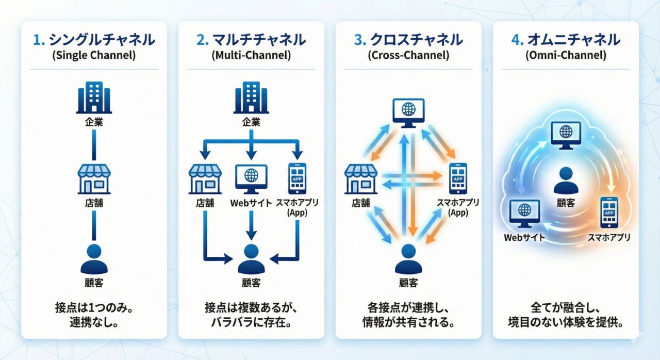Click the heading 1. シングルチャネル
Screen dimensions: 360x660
click(x=94, y=40)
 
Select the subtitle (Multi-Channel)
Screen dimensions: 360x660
click(x=251, y=56)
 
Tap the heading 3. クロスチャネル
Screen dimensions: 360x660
click(x=408, y=40)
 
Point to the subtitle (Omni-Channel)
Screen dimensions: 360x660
click(x=566, y=56)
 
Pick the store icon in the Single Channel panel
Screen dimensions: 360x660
click(x=94, y=178)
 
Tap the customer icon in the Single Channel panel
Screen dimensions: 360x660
click(x=94, y=259)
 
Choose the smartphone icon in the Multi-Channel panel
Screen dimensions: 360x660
click(x=298, y=178)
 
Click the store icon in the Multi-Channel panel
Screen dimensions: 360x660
click(x=205, y=178)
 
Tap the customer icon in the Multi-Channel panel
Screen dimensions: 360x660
click(x=251, y=259)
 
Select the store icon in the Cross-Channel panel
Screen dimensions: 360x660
click(x=361, y=178)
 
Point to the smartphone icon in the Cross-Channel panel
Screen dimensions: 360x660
click(x=458, y=178)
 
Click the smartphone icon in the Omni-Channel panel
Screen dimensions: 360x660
click(x=609, y=212)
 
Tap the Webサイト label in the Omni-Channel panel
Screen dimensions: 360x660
click(x=524, y=238)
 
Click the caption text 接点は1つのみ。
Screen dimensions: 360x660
click(x=94, y=308)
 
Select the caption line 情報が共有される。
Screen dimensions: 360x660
click(x=408, y=323)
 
